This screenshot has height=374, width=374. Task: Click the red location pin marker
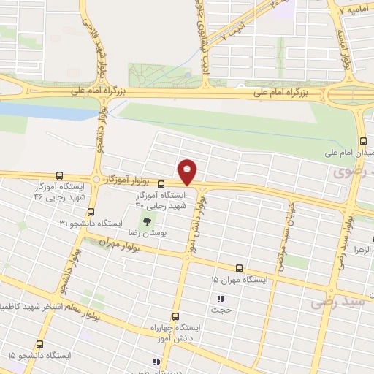click(x=188, y=171)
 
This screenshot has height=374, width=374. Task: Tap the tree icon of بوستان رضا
click(x=146, y=221)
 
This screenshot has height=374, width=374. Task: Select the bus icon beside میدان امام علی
click(x=361, y=142)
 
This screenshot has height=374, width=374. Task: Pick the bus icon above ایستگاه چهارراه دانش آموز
click(x=175, y=316)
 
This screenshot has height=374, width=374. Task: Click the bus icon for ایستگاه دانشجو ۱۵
click(x=39, y=344)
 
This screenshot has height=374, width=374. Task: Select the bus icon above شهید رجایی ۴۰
click(x=161, y=184)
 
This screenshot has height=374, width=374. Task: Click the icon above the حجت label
click(x=220, y=298)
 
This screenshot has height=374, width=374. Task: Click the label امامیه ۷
click(x=355, y=11)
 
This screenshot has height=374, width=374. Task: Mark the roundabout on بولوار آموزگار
click(x=96, y=179)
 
